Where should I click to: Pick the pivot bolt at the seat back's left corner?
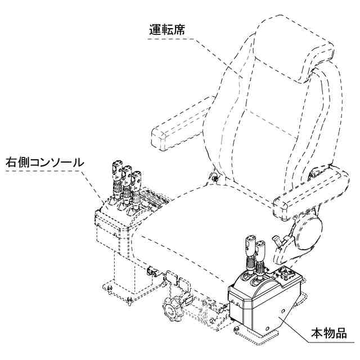pyautogui.click(x=215, y=179)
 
